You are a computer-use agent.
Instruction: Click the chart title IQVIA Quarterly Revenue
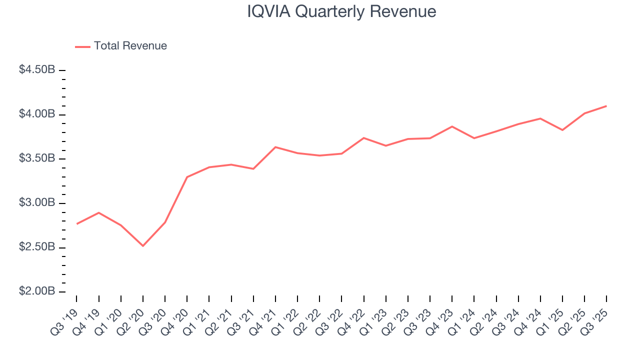click(341, 11)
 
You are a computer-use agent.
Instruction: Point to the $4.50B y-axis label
click(37, 70)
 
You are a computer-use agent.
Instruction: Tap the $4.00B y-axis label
click(37, 114)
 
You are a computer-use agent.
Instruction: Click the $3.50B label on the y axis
click(37, 158)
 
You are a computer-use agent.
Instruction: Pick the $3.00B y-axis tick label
click(37, 203)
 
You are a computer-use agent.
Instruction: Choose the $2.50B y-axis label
click(37, 247)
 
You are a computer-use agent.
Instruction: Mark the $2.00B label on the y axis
click(37, 291)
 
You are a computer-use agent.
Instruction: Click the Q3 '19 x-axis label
click(65, 315)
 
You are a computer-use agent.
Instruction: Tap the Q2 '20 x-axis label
click(131, 315)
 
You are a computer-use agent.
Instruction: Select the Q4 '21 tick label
click(264, 315)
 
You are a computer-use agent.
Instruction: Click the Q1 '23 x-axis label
click(374, 315)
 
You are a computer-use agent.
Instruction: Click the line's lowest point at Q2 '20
click(143, 245)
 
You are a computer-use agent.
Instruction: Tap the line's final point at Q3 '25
click(606, 106)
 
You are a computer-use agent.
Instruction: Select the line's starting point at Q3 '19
click(76, 223)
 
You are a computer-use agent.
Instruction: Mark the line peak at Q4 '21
click(275, 147)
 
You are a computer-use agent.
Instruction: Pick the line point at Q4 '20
click(187, 177)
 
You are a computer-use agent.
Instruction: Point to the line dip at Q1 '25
click(562, 130)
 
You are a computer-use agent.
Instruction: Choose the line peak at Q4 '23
click(452, 126)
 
